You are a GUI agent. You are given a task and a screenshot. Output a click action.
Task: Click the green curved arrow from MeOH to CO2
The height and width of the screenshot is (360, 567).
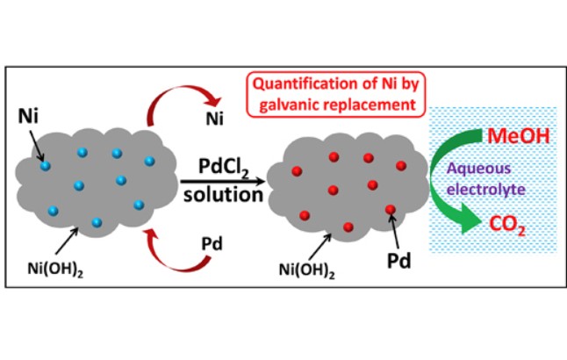pyautogui.click(x=444, y=184)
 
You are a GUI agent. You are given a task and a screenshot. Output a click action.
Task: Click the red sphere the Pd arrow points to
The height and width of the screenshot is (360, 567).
pyautogui.click(x=389, y=210)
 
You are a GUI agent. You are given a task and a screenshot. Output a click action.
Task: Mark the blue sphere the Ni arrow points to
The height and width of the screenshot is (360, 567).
pyautogui.click(x=44, y=165)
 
